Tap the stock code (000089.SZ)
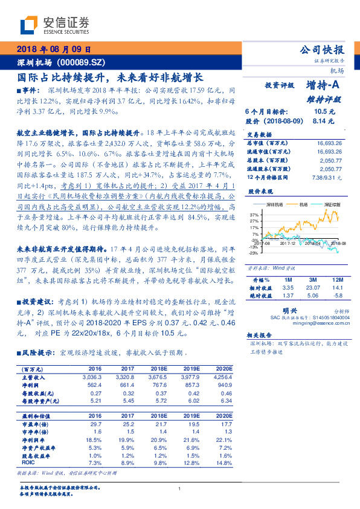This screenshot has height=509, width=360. [x=84, y=62]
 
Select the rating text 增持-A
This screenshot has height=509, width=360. [x=323, y=85]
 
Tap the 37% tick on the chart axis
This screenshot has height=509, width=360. [x=254, y=215]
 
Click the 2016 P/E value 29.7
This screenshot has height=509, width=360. [x=95, y=425]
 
